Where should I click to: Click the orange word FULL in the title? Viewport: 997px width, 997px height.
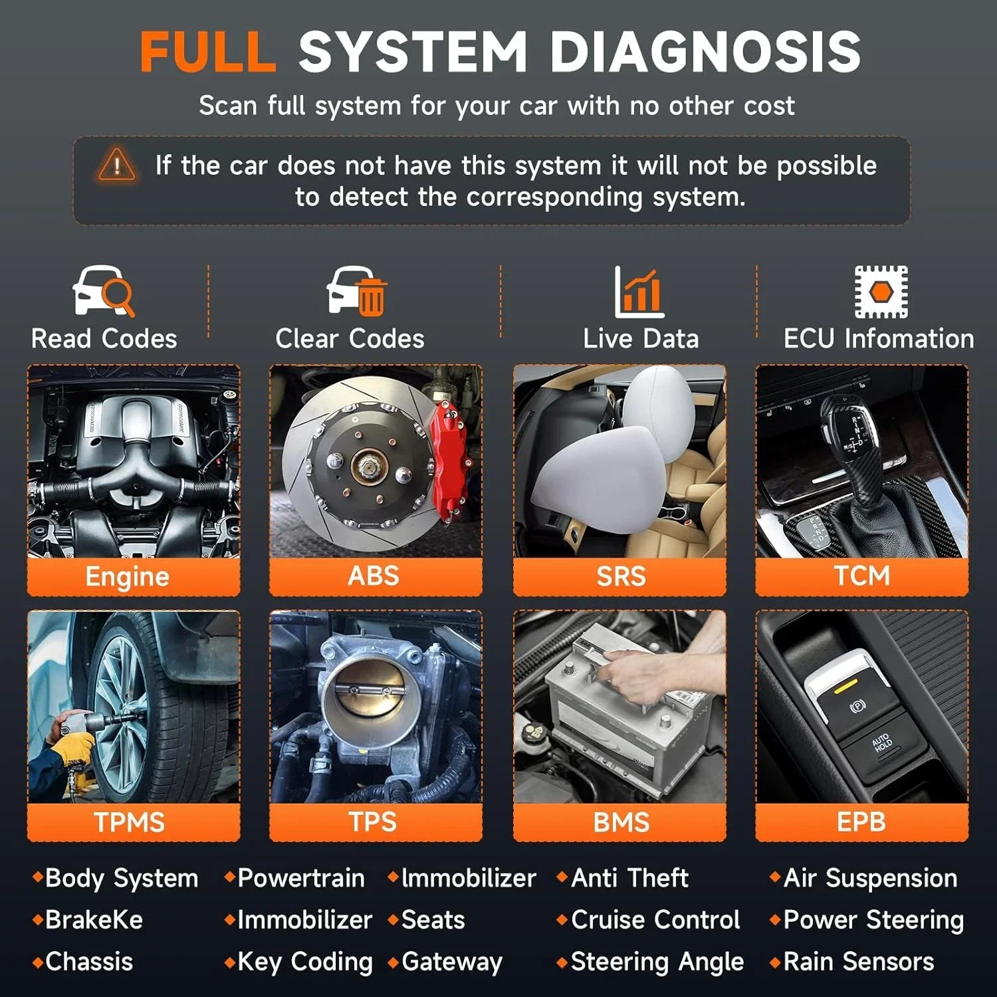pyautogui.click(x=207, y=52)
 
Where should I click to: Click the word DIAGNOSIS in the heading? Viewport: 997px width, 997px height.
pyautogui.click(x=705, y=52)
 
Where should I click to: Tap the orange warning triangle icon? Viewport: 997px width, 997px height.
pyautogui.click(x=116, y=165)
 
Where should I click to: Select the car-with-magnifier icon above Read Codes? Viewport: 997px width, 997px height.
pyautogui.click(x=103, y=290)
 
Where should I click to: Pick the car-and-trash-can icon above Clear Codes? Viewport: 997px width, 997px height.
pyautogui.click(x=356, y=290)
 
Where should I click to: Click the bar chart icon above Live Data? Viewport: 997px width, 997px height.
pyautogui.click(x=639, y=292)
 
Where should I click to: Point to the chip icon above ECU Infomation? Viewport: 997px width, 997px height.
pyautogui.click(x=881, y=291)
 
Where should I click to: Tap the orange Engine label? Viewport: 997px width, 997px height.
pyautogui.click(x=127, y=576)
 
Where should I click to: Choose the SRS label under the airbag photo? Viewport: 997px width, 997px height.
pyautogui.click(x=621, y=576)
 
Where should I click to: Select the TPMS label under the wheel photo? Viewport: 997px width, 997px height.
pyautogui.click(x=129, y=822)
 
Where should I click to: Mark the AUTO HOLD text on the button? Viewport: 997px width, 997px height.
pyautogui.click(x=882, y=743)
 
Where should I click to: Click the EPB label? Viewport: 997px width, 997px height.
pyautogui.click(x=861, y=822)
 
